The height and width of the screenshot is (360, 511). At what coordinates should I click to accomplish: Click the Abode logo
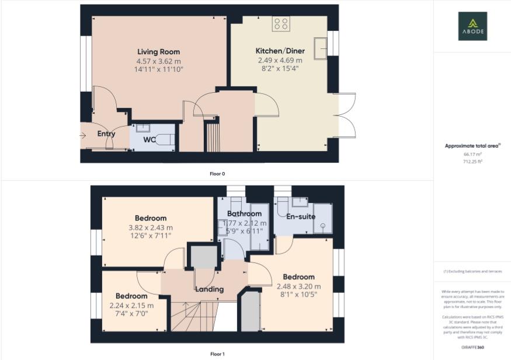[x=472, y=26]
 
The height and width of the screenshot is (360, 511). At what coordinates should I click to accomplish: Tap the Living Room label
[x=158, y=52]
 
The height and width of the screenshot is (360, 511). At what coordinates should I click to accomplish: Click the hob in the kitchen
[x=281, y=24]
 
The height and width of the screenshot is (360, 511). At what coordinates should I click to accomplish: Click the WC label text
[x=150, y=139]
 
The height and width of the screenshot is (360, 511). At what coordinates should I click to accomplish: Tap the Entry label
[x=106, y=134]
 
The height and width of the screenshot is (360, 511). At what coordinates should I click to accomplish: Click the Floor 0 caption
[x=217, y=173]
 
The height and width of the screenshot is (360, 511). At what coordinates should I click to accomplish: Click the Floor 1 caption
[x=217, y=354]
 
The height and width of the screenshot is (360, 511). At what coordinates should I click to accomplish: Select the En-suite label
[x=301, y=216]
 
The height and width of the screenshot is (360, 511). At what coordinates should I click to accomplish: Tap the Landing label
[x=209, y=289]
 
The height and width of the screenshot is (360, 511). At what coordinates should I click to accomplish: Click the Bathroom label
[x=244, y=214]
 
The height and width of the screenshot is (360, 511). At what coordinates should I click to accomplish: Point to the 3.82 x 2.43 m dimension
[x=151, y=228]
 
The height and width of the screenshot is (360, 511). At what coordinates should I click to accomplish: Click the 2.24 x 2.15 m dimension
[x=131, y=305]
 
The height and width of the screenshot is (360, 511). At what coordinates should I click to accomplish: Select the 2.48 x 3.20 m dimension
[x=298, y=286]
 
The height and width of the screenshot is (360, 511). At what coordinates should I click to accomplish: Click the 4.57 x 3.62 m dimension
[x=158, y=61]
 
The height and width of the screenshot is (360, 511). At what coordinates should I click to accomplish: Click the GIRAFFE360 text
[x=472, y=347]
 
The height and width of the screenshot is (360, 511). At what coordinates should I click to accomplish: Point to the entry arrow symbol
[x=84, y=136]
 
